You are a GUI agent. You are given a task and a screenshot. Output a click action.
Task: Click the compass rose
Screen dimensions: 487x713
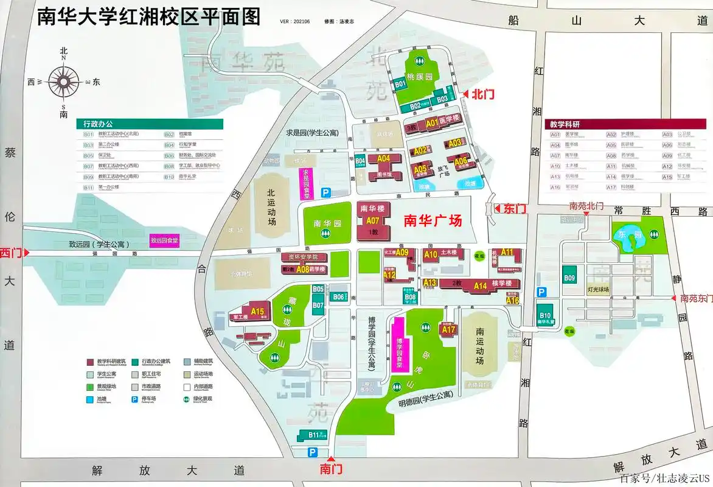[64, 82]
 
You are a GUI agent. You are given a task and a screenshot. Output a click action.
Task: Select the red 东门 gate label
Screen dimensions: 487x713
[515, 208]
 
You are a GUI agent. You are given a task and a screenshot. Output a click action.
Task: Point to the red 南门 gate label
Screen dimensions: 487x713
[332, 469]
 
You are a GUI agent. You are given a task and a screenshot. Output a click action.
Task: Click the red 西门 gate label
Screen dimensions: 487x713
[10, 252]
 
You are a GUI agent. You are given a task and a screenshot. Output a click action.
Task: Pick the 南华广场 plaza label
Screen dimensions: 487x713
[433, 220]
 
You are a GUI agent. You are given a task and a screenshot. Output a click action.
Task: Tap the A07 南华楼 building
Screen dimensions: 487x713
[372, 220]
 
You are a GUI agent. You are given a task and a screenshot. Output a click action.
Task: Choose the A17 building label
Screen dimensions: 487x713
[448, 329]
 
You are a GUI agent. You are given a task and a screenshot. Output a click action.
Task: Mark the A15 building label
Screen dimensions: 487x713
[258, 312]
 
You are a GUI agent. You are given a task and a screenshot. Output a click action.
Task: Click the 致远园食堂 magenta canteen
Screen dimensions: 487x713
[165, 240]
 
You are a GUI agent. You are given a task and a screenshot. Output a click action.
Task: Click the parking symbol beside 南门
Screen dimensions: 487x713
[312, 452]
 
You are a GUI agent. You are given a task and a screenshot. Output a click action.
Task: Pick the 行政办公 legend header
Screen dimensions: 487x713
[97, 124]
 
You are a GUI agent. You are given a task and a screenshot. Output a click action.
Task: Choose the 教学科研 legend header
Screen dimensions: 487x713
[565, 124]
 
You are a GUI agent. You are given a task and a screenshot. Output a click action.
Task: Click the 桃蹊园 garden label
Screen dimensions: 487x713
[419, 78]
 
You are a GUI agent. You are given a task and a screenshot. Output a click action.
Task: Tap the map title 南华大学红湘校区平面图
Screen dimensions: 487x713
[149, 17]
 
